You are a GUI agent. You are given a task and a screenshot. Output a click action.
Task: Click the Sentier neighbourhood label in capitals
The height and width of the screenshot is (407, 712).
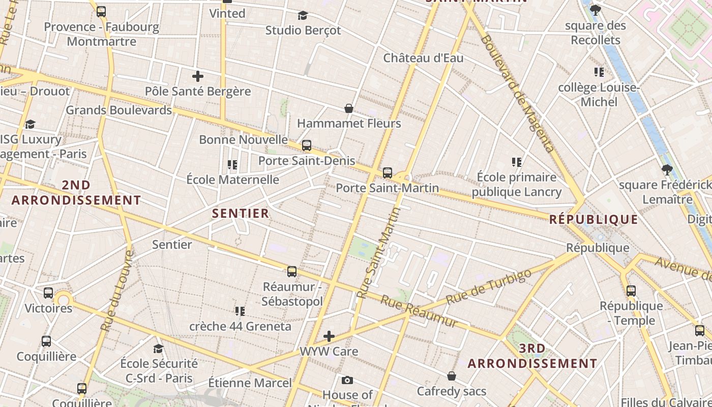(x=241, y=213)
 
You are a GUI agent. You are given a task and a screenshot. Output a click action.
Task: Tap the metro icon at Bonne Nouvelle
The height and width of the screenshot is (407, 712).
(x=306, y=146)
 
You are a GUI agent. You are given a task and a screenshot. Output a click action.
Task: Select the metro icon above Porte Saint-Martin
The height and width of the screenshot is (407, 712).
(x=388, y=173)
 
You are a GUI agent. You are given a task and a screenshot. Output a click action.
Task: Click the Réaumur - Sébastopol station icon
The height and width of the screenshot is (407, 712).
(x=292, y=272)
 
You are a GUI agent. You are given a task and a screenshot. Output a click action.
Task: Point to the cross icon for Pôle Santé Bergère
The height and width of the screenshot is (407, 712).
(x=198, y=76)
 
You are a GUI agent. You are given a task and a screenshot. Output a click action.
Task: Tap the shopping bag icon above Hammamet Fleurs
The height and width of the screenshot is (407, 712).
(x=349, y=108)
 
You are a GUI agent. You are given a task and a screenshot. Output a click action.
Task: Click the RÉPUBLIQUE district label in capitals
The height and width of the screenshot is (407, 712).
(x=594, y=219)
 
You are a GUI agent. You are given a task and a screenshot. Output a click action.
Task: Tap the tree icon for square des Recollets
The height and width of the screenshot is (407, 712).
(x=596, y=10)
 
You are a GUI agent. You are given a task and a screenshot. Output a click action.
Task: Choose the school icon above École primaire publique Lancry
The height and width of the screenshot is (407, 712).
(x=517, y=162)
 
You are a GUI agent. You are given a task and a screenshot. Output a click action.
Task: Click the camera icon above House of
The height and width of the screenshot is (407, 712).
(x=347, y=380)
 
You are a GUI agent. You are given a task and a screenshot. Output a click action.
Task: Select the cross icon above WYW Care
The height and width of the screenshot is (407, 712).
(x=329, y=336)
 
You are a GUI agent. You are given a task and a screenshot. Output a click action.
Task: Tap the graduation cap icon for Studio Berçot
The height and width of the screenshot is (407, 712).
(x=303, y=15)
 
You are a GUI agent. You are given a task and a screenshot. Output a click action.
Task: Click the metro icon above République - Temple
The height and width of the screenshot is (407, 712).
(x=631, y=291)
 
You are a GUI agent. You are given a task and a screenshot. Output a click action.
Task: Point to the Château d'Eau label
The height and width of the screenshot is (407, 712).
(x=423, y=58)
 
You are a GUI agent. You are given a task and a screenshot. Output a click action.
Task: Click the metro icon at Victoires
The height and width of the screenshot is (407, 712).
(x=48, y=293)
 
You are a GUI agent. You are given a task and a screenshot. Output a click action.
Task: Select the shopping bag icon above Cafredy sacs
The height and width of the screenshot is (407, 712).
(x=452, y=376)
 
